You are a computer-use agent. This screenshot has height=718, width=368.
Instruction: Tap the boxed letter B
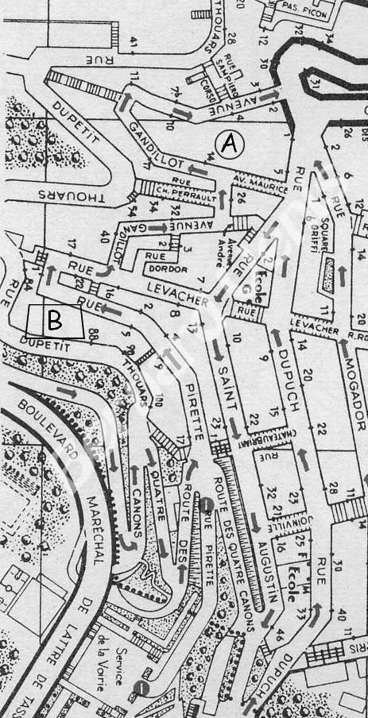[x=54, y=320]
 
